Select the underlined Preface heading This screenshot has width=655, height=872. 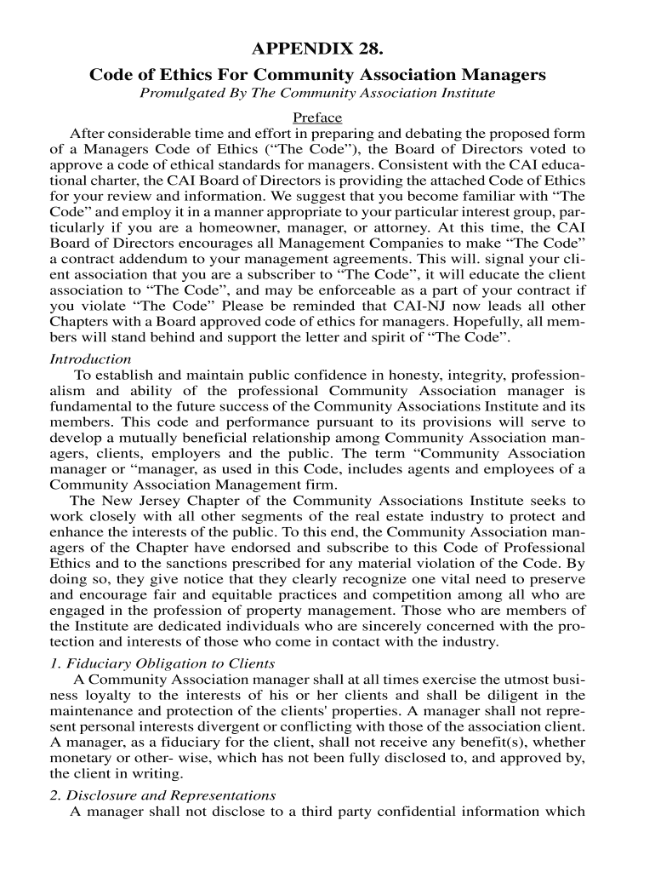[x=316, y=118]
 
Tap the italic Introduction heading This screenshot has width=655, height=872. [x=91, y=359]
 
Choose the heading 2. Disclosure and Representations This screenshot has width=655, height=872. [x=163, y=795]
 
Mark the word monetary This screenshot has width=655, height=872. [x=82, y=758]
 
